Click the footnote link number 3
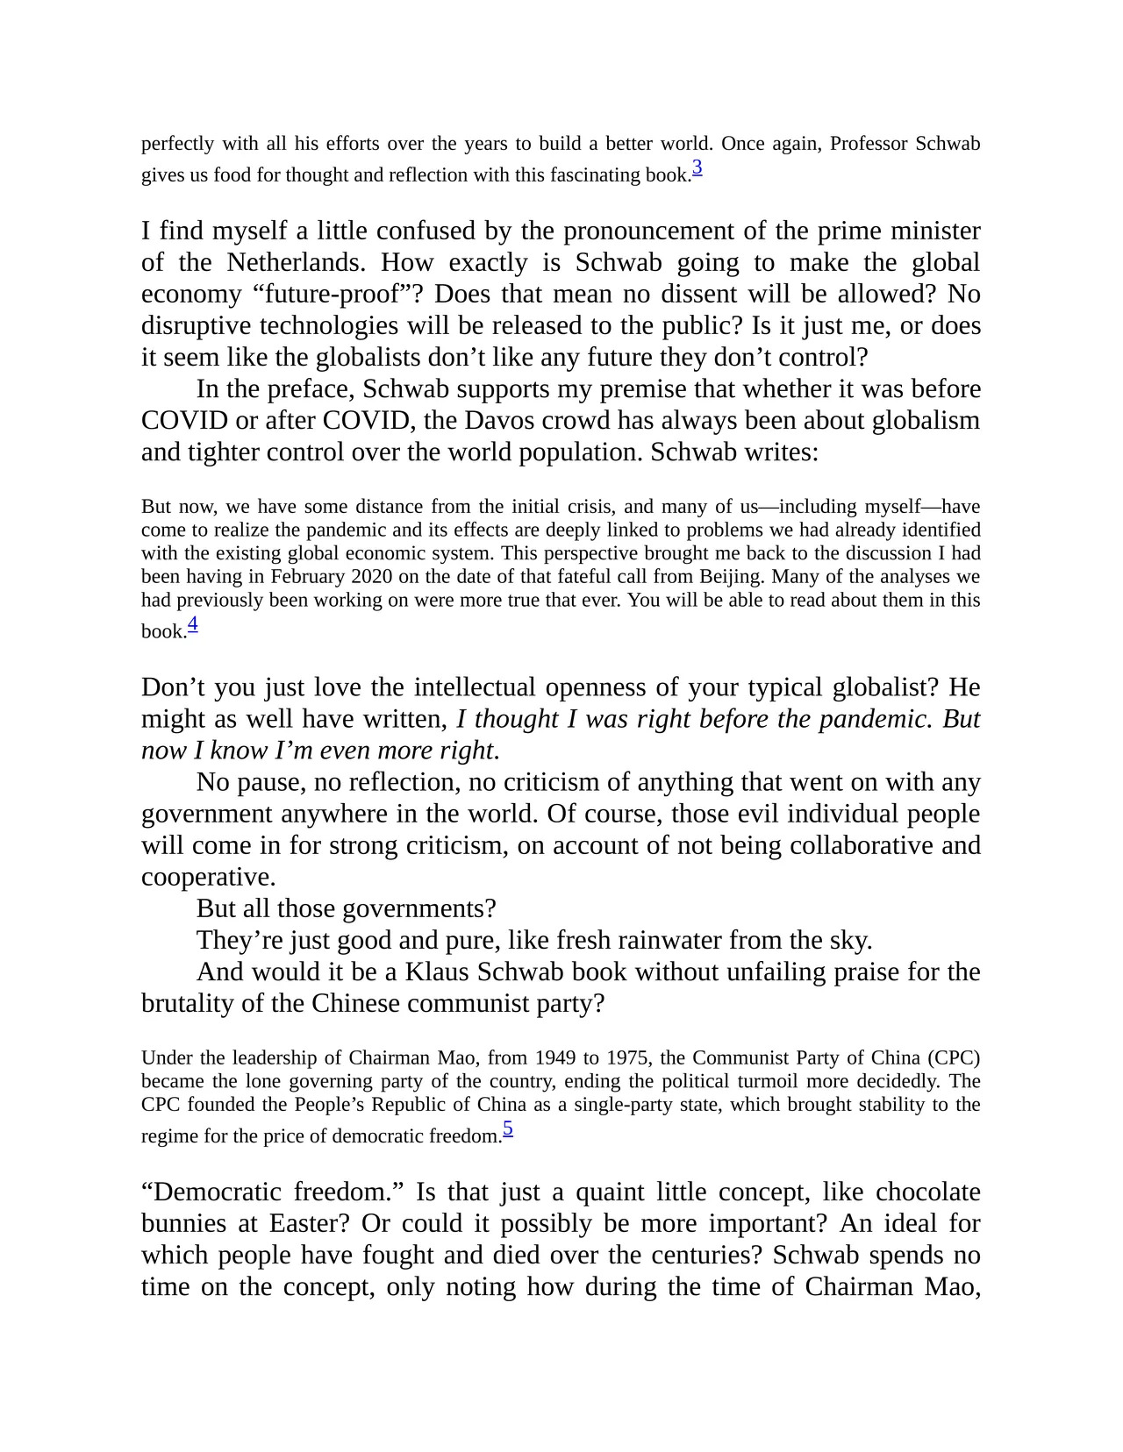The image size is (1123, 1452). click(697, 167)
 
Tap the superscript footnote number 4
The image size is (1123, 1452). click(193, 623)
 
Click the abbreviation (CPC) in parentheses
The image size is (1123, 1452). click(951, 1057)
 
